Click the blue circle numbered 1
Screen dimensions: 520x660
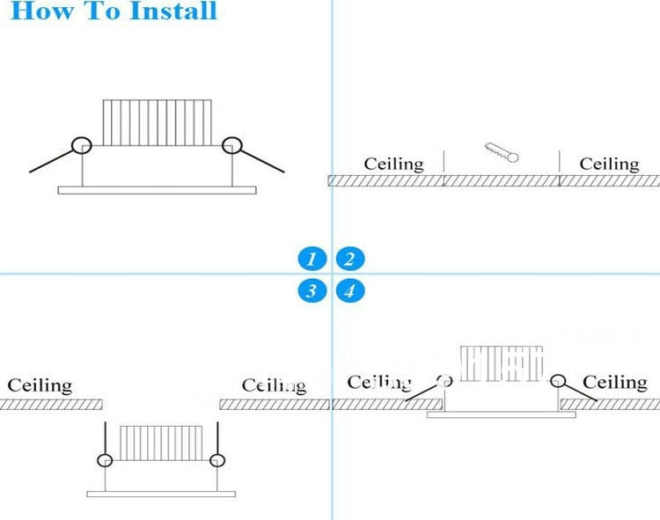[312, 259]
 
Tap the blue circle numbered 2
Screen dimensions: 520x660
[349, 259]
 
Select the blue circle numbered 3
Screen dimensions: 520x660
[312, 291]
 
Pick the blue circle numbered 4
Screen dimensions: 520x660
[349, 291]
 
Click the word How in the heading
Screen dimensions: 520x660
[41, 11]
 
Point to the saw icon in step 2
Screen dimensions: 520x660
[502, 153]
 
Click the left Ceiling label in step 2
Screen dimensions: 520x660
[393, 164]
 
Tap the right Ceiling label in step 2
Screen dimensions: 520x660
[609, 164]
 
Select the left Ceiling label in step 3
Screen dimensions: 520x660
[40, 385]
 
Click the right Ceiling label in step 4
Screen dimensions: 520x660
[615, 382]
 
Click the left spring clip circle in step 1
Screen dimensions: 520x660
[82, 145]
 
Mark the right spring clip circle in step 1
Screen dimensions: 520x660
[231, 145]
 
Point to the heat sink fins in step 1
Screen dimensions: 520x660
[158, 122]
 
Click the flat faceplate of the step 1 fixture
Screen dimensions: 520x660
[157, 189]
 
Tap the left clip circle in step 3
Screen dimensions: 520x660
[106, 460]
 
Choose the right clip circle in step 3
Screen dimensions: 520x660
[217, 459]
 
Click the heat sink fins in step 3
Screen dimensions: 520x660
[161, 443]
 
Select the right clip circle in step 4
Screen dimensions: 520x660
[557, 381]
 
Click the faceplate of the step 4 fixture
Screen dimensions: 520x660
[501, 414]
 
